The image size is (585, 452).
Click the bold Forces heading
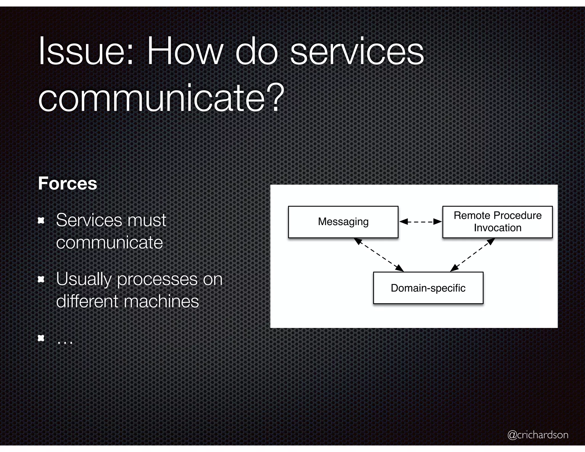(68, 183)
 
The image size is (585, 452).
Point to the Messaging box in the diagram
(343, 222)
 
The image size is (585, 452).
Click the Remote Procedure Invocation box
(497, 222)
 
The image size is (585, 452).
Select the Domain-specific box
(428, 288)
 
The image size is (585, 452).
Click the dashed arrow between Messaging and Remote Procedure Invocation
(420, 222)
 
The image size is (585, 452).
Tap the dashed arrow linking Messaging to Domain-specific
(379, 255)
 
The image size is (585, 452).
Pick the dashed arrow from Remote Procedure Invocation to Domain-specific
(472, 255)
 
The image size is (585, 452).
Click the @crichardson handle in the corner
(538, 435)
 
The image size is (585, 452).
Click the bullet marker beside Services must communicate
(41, 221)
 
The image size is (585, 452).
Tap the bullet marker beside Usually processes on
(41, 279)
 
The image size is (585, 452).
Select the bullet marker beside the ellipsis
(41, 338)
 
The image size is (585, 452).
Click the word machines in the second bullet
(161, 301)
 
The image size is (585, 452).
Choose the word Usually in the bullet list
(84, 279)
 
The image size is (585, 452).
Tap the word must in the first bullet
(147, 221)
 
